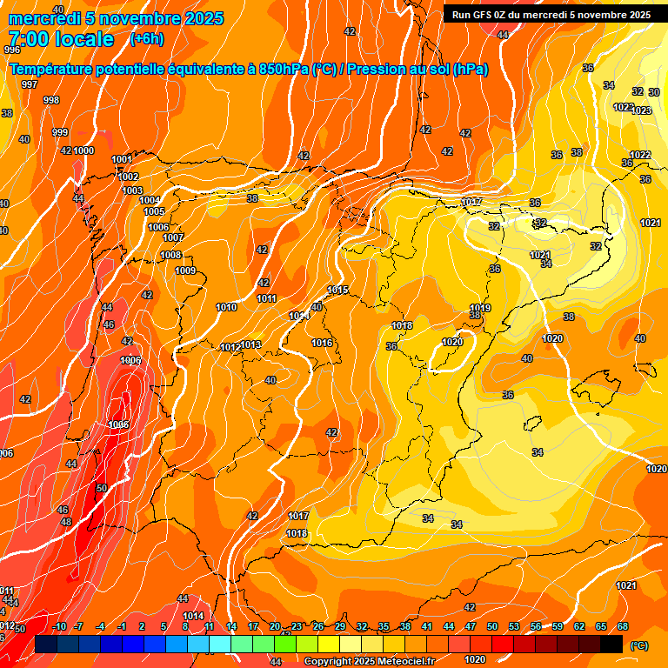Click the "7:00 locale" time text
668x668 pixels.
(61, 39)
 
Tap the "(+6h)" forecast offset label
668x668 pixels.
(146, 38)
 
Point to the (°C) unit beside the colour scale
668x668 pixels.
(638, 645)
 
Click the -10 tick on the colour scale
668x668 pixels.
(59, 626)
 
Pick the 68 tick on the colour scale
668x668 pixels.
(623, 626)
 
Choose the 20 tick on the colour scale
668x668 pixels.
(275, 626)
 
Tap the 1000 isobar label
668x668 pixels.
(83, 150)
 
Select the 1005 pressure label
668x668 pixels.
(154, 211)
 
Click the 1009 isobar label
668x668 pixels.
(185, 271)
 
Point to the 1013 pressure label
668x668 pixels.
(250, 344)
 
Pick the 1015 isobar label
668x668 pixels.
(337, 290)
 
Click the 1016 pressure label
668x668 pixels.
(322, 343)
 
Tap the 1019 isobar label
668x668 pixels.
(480, 308)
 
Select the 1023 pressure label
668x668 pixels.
(641, 110)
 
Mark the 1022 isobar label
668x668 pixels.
(639, 155)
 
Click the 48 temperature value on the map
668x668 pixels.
(65, 522)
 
